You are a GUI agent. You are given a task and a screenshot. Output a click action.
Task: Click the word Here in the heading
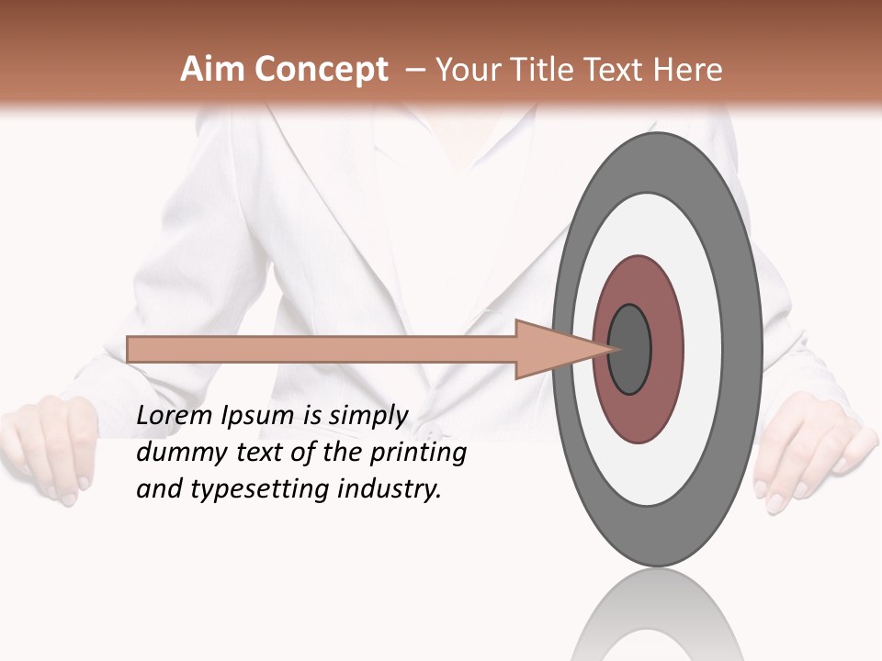(687, 70)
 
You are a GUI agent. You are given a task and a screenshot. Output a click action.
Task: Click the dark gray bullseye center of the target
(630, 350)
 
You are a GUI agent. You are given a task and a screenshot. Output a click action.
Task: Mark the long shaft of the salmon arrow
(322, 350)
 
